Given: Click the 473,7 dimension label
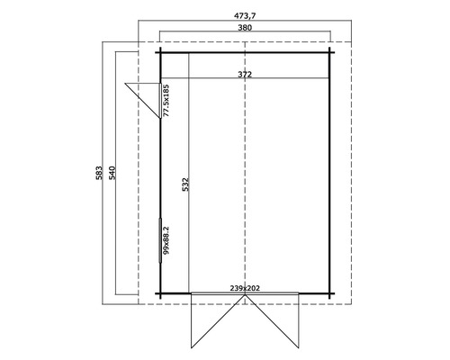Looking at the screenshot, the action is coord(245,15).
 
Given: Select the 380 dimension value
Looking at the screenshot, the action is coord(245,28).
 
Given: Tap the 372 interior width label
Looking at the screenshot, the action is coord(245,74).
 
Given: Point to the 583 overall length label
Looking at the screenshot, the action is coord(99,173).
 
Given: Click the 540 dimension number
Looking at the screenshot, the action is coord(112,173).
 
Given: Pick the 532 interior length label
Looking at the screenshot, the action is coord(185,184).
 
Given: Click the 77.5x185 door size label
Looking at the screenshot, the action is coord(166,101).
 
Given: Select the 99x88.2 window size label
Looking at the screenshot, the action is coord(166,240).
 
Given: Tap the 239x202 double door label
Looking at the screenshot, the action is coord(245,288).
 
